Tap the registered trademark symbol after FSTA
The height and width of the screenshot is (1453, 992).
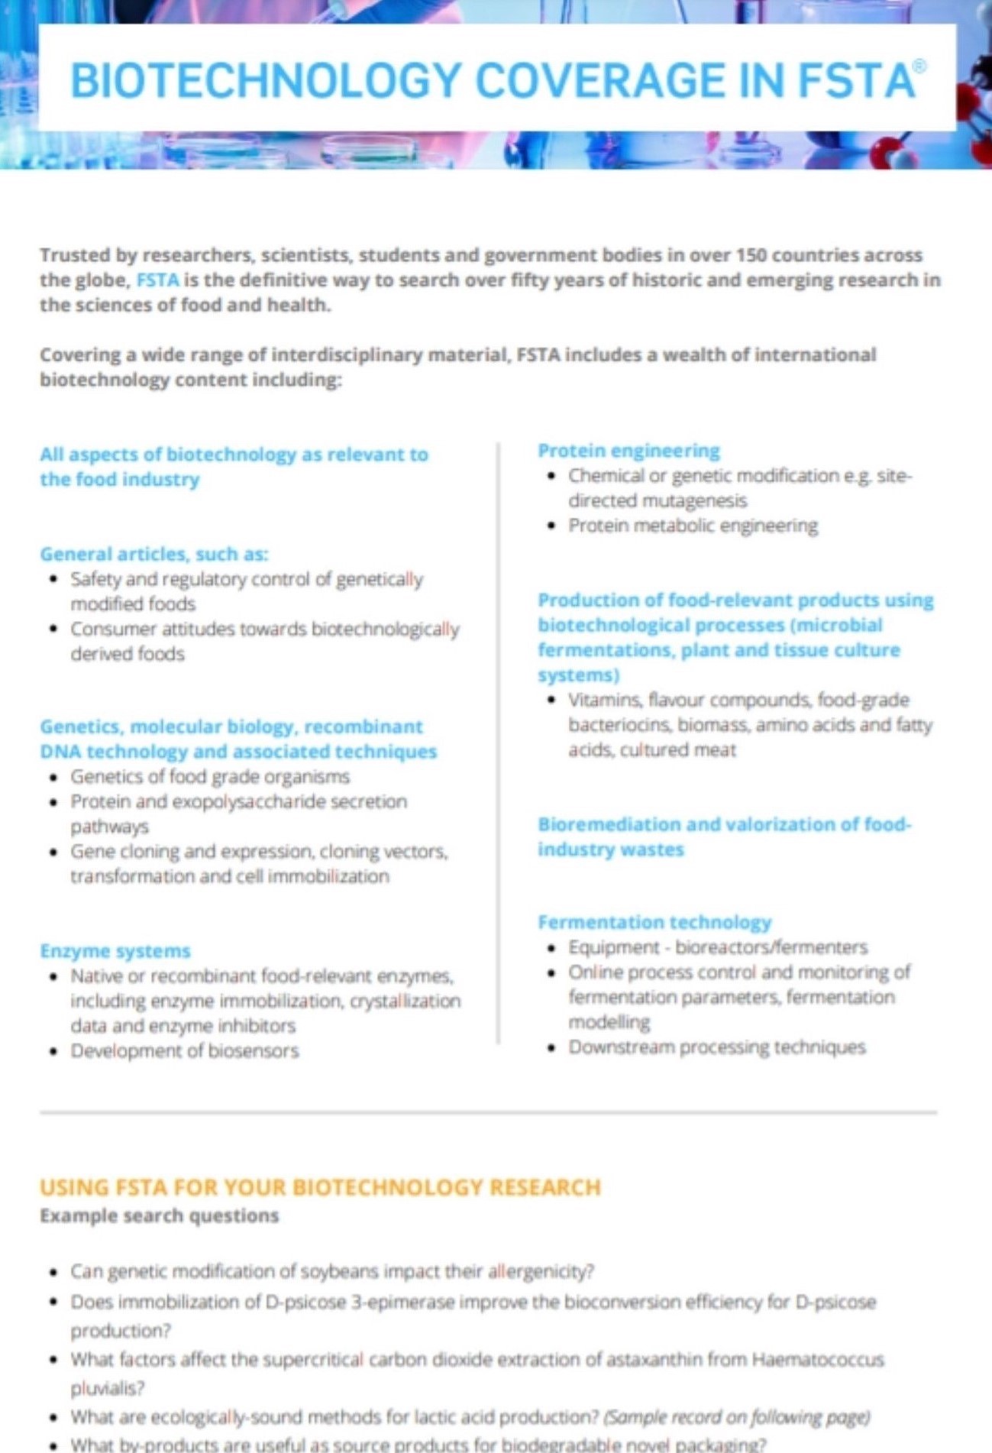[919, 66]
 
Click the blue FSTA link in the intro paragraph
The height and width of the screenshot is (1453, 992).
[157, 280]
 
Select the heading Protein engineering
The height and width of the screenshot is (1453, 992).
[628, 451]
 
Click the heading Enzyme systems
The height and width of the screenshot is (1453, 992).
[115, 951]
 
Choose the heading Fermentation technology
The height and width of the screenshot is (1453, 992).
[654, 922]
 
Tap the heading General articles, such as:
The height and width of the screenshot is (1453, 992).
[154, 554]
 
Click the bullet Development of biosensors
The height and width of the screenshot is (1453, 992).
[185, 1051]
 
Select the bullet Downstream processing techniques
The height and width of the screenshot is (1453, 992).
[716, 1047]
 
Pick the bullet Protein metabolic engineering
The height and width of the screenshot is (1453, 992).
[693, 526]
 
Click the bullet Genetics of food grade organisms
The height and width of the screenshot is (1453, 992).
[210, 777]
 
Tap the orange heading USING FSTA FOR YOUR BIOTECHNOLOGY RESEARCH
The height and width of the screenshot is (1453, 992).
[320, 1187]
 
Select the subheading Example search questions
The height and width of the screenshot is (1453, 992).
[159, 1215]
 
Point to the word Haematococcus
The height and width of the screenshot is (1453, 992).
[817, 1360]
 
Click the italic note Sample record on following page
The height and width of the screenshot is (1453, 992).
[737, 1417]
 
